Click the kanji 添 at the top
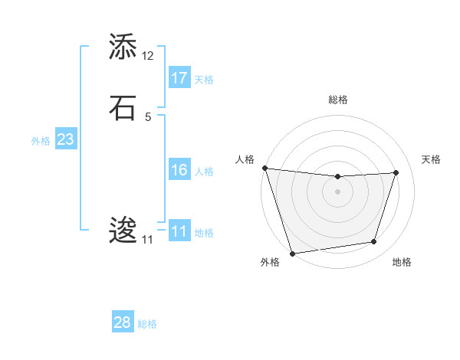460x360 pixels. click(x=123, y=47)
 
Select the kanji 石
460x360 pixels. click(x=123, y=108)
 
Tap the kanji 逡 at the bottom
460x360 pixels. click(x=123, y=231)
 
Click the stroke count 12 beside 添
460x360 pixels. click(x=148, y=56)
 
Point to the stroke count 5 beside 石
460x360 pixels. click(x=148, y=116)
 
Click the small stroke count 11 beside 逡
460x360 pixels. click(x=147, y=240)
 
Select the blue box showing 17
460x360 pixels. click(x=179, y=77)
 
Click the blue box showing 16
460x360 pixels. click(x=179, y=170)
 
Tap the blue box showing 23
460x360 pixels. click(x=65, y=139)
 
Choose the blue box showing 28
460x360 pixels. click(x=123, y=322)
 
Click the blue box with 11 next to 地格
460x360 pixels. click(x=179, y=231)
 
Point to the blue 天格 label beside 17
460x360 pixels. click(x=204, y=79)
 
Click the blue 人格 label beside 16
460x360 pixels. click(x=204, y=172)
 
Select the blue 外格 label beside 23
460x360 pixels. click(x=41, y=141)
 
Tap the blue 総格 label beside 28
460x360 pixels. click(x=147, y=324)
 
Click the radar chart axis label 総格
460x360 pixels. click(x=338, y=100)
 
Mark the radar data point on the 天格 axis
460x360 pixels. click(x=396, y=172)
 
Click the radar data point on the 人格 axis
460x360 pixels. click(x=264, y=168)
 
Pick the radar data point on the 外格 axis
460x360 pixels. click(x=292, y=253)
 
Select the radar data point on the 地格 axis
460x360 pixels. click(x=374, y=242)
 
